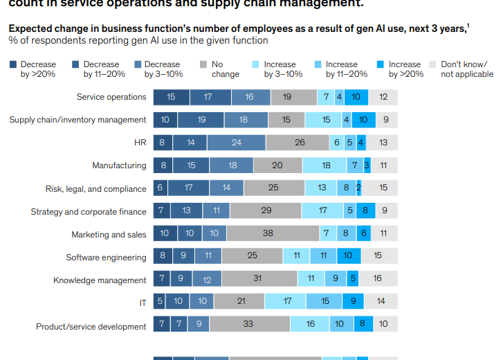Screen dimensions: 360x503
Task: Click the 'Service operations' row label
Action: coord(111,97)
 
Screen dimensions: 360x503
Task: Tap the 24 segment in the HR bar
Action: coord(236,143)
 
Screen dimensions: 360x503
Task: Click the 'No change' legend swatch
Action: coord(203,64)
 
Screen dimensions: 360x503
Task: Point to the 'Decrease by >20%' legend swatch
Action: coord(12,64)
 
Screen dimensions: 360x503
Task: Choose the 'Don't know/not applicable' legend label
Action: coord(467,69)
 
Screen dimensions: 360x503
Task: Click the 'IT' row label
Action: coord(143,303)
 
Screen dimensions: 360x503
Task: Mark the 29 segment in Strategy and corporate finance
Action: coord(266,211)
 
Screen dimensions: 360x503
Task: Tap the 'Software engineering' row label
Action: coord(106,258)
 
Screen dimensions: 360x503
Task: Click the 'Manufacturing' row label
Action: coord(119,165)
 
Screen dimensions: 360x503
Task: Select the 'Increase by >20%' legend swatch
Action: coord(380,64)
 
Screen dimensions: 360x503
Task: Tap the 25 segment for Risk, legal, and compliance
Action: coord(273,188)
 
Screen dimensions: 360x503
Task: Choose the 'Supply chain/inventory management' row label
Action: coord(77,120)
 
